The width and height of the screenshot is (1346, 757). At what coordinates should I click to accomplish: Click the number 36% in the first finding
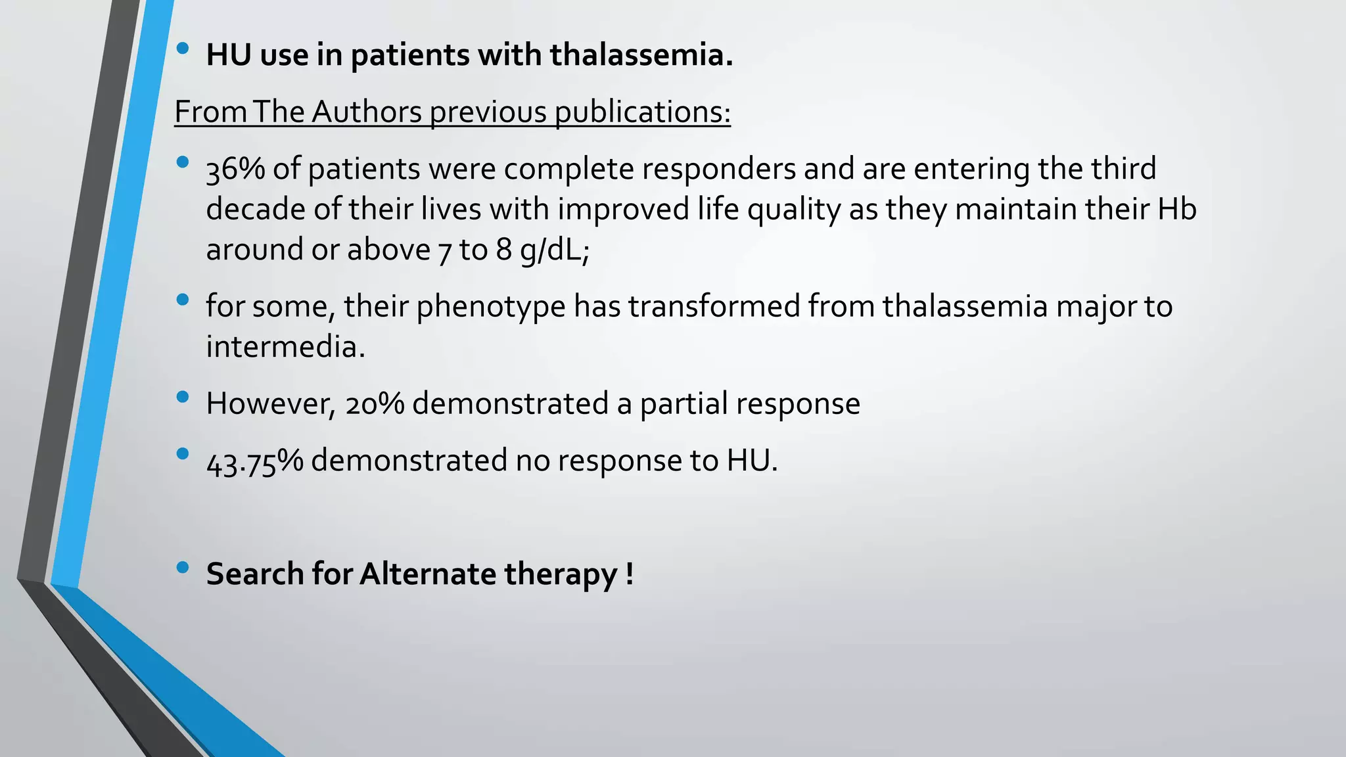click(x=235, y=170)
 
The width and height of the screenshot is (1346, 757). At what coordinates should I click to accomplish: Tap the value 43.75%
click(x=254, y=461)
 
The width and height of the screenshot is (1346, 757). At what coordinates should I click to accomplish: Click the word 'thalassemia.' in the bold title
click(x=641, y=55)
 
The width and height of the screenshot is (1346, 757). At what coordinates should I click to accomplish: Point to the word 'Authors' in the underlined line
click(x=366, y=112)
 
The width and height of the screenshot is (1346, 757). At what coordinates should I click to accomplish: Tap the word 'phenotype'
click(x=491, y=307)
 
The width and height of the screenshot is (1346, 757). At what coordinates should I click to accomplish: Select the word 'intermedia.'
click(x=285, y=347)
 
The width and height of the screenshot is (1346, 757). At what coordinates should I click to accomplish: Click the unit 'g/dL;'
click(x=555, y=250)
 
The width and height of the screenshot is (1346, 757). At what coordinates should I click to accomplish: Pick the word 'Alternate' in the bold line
click(x=428, y=574)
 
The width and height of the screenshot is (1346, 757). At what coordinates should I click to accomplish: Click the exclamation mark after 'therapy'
click(x=630, y=574)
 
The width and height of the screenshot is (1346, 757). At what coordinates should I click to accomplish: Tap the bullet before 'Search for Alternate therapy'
click(x=183, y=567)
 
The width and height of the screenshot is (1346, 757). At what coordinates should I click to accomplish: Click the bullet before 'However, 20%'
click(x=183, y=397)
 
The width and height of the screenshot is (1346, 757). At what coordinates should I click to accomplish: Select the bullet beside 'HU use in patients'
click(x=183, y=48)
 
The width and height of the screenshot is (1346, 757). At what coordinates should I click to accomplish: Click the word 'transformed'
click(x=713, y=307)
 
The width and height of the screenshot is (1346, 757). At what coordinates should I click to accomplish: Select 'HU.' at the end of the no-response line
click(x=752, y=461)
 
